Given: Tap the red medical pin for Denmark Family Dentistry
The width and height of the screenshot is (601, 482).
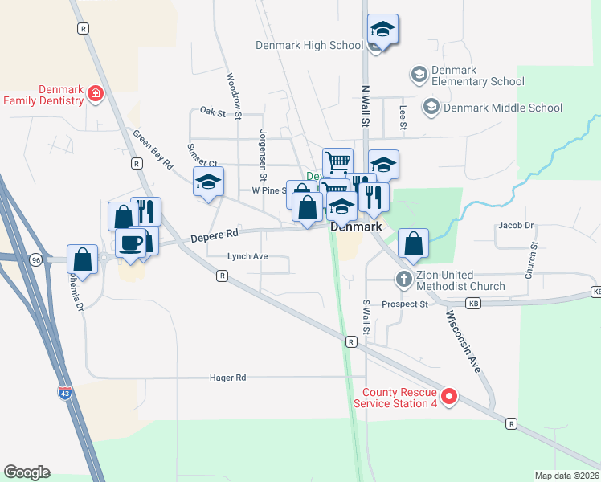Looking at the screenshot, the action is [96, 94].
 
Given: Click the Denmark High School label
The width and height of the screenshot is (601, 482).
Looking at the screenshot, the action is [309, 45].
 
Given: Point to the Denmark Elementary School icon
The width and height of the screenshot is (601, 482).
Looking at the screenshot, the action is [418, 75].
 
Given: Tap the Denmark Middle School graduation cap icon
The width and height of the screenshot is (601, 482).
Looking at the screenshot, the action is [431, 107].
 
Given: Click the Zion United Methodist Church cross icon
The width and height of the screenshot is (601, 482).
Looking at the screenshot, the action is [404, 280].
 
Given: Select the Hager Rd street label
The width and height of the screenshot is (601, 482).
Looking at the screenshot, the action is [227, 377].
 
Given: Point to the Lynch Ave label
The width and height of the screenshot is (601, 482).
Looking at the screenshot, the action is [247, 257].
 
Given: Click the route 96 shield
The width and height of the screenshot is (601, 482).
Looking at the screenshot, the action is [35, 260].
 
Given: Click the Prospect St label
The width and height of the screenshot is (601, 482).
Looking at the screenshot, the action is [405, 304].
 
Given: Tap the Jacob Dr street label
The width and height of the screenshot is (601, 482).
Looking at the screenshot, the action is [516, 226].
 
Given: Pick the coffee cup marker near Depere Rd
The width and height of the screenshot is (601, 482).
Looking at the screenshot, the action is [130, 241].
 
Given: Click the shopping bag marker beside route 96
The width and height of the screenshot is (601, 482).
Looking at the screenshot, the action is [82, 259].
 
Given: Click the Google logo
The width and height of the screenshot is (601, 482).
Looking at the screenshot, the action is [27, 472].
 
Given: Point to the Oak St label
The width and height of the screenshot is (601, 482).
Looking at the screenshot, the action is [212, 112].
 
